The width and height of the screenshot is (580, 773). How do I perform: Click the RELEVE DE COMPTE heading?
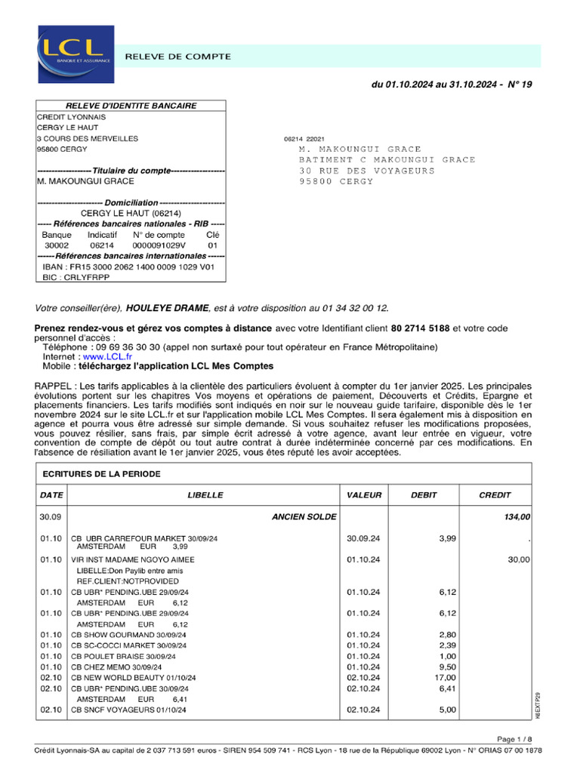[177, 57]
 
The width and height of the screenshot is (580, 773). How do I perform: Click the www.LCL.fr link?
[107, 356]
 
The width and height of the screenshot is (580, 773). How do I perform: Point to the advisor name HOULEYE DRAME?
[168, 308]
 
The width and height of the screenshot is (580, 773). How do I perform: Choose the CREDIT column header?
[495, 495]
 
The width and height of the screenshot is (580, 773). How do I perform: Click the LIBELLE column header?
[205, 495]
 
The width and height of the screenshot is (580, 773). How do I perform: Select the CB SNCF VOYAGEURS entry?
[128, 710]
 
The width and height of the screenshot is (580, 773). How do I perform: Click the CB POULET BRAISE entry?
[123, 657]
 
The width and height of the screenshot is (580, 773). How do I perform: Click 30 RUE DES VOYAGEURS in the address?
[367, 171]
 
